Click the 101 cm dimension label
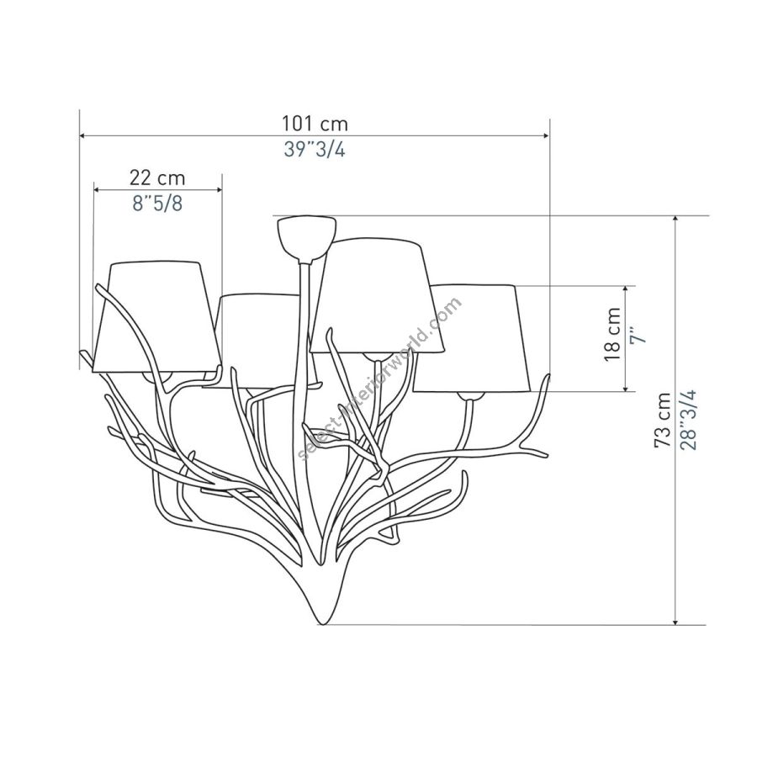point(315,124)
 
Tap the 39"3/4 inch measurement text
point(315,151)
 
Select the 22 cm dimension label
point(157,177)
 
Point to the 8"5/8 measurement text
point(157,204)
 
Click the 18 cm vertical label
point(612,334)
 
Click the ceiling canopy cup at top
point(306,238)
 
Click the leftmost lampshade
point(157,317)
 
